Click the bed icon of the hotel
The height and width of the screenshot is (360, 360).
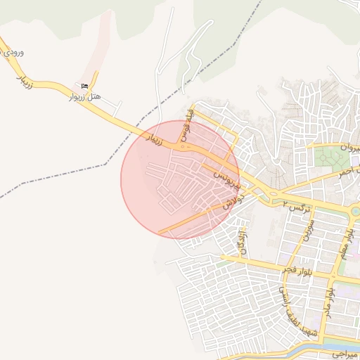86,86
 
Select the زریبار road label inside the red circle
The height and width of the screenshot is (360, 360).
153,139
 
